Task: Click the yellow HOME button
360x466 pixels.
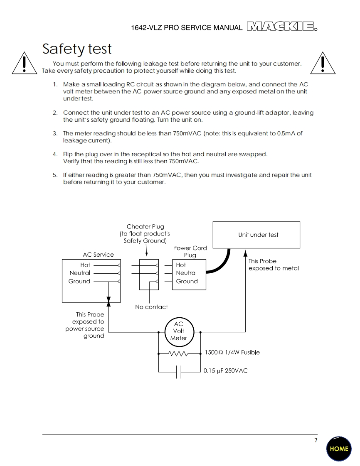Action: (x=339, y=449)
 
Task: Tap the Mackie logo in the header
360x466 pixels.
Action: (x=282, y=27)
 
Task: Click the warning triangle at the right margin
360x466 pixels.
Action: (x=323, y=64)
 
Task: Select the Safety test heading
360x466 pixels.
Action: (x=77, y=49)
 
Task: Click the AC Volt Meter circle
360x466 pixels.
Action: (x=179, y=331)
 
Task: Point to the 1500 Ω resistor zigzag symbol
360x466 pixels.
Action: (x=179, y=354)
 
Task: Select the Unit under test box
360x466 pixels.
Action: (x=256, y=235)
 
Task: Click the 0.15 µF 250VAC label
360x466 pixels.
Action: (x=225, y=370)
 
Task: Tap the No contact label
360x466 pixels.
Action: (x=151, y=307)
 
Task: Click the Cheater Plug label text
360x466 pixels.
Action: (x=145, y=227)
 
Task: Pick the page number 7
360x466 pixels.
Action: (x=316, y=440)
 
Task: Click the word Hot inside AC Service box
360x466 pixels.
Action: (x=85, y=265)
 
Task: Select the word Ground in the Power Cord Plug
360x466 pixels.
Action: (x=187, y=281)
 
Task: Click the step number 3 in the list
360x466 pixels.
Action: (x=55, y=133)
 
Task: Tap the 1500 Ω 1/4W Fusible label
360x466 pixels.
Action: (x=232, y=352)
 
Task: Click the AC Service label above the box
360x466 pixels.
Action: (x=98, y=255)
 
